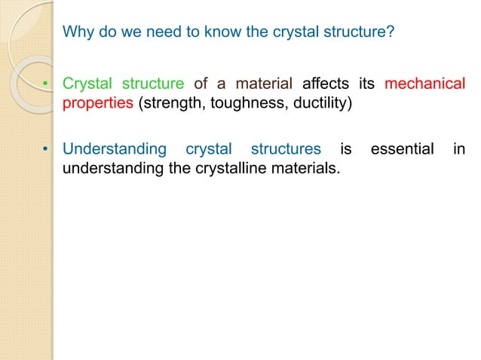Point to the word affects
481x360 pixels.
(326, 83)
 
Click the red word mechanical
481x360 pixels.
(424, 83)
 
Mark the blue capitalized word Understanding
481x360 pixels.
(114, 150)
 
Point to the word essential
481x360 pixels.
(402, 150)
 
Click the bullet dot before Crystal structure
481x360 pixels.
(46, 84)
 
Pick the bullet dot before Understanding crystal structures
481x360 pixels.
(46, 151)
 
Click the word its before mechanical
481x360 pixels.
(366, 83)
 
